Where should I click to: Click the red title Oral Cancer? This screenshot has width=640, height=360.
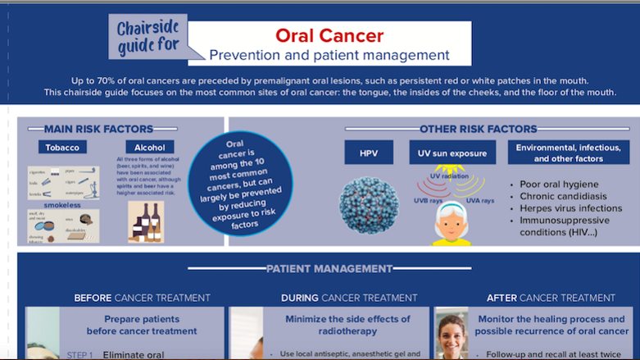pos(329,36)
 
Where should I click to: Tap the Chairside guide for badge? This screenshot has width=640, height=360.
pos(146,38)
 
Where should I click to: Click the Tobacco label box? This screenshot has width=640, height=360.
pos(62,148)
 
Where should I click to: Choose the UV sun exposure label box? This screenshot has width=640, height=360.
pos(453,153)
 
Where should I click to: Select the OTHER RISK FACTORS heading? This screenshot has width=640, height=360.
pos(478,129)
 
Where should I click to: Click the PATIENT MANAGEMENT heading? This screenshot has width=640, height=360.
pos(329,268)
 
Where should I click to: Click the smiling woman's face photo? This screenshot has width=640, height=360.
pos(452,335)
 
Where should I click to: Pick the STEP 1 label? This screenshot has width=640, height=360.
pos(79,355)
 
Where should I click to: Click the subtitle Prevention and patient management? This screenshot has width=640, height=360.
pos(329,55)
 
